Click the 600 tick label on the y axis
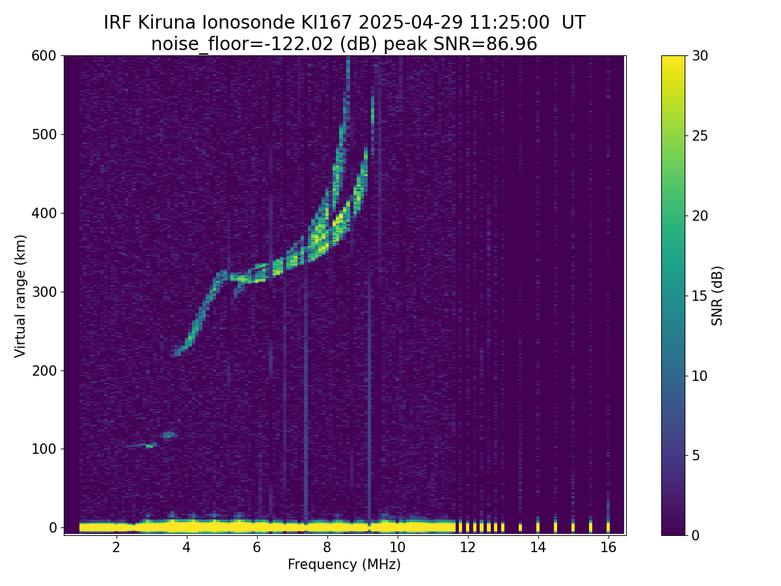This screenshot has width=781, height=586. pos(44,56)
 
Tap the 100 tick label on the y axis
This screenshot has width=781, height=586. pos(44,449)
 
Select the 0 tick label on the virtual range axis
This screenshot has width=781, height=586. pos(53,527)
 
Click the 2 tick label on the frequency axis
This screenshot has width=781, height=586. pos(116,547)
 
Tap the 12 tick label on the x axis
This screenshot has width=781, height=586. pos(468,547)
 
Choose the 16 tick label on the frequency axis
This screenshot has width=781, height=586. pos(609,547)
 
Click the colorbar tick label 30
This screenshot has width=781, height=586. pos(700,56)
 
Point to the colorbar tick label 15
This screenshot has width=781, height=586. pos(700,296)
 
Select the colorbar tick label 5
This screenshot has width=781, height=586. pos(696,455)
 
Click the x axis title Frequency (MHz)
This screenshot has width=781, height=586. pos(344,565)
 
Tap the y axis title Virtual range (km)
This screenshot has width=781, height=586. pos(20,296)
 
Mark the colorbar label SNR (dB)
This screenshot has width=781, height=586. pos(717,296)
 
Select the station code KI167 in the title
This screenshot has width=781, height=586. pos(327,23)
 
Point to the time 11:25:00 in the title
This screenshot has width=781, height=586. pos(509,23)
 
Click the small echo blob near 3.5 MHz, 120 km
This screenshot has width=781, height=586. pos(169,435)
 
